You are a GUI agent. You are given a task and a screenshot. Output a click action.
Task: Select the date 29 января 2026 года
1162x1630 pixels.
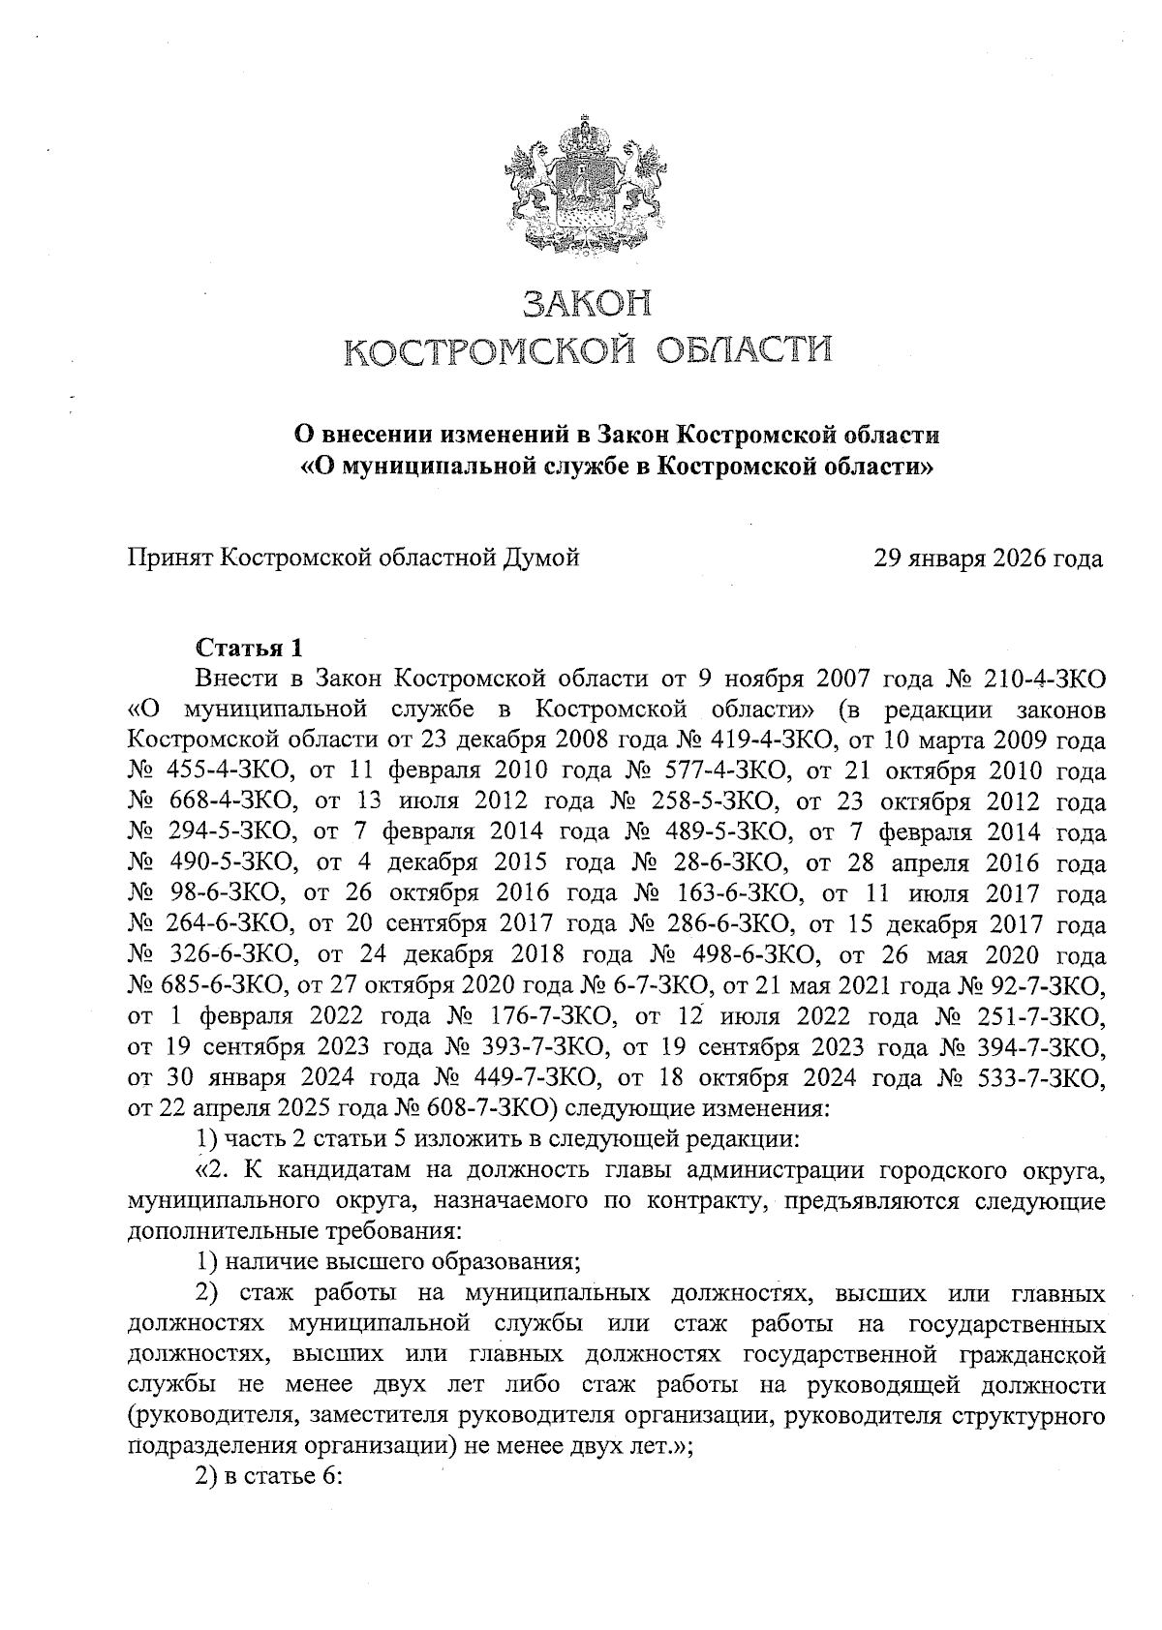pos(988,558)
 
